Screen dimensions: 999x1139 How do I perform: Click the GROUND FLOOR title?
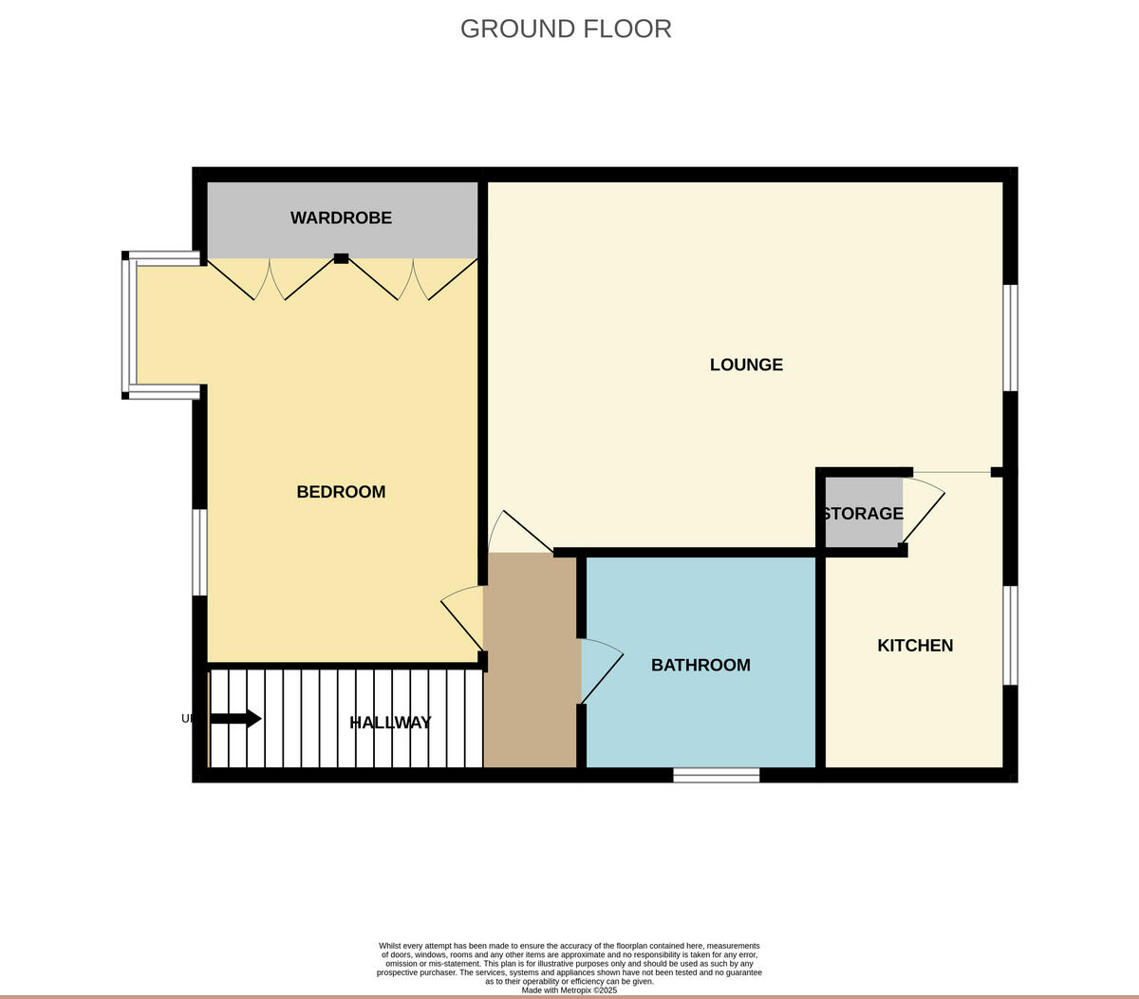click(x=566, y=28)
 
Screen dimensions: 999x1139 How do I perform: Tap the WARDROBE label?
click(x=341, y=217)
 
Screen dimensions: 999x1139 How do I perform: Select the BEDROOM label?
click(x=341, y=492)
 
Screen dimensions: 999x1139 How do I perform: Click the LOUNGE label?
click(x=746, y=365)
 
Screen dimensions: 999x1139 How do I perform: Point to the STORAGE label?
click(x=863, y=514)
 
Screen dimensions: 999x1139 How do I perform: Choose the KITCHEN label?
click(x=915, y=646)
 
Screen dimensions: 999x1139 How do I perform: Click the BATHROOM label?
click(x=700, y=666)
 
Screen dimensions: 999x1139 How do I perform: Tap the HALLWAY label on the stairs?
click(x=390, y=723)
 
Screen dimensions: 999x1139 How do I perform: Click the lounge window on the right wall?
click(x=1011, y=337)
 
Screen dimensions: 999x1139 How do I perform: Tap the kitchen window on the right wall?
click(x=1011, y=634)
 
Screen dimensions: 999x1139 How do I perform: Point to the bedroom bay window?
click(x=128, y=326)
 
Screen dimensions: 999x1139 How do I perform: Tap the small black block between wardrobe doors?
click(x=342, y=257)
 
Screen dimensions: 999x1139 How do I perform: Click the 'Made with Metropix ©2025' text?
click(x=569, y=990)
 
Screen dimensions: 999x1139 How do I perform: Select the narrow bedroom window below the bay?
click(x=199, y=552)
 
